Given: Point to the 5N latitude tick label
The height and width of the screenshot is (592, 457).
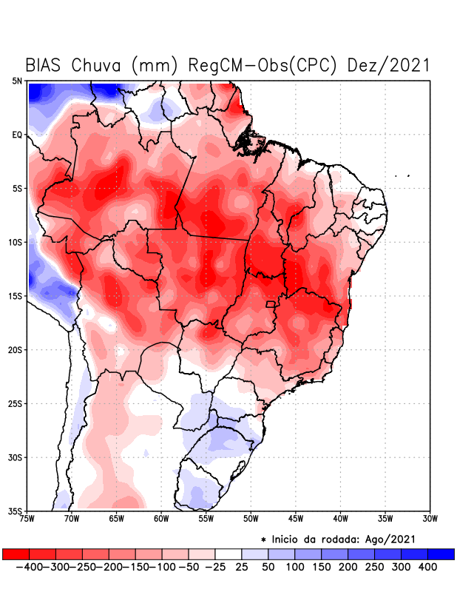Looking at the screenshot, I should pos(17,81).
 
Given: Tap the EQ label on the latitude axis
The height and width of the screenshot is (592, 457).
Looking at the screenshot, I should pos(17,135).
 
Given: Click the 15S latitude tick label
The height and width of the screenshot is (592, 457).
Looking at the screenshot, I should pos(16,296).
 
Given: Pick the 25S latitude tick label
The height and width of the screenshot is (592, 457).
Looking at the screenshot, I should pos(16,403).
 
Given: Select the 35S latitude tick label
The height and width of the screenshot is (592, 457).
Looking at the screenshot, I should pos(16,511).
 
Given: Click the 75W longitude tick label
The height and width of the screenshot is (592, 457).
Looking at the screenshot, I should pos(28,519).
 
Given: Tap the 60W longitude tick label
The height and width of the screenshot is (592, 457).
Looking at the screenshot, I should pos(161,519).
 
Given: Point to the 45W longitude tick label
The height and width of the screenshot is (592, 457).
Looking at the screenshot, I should pos(296,519).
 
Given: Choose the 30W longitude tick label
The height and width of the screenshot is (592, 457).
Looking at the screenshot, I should pos(430,519).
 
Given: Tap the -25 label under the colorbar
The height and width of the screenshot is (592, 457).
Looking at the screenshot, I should pos(214,567).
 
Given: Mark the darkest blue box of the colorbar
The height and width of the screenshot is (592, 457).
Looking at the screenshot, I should pos(441,554).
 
